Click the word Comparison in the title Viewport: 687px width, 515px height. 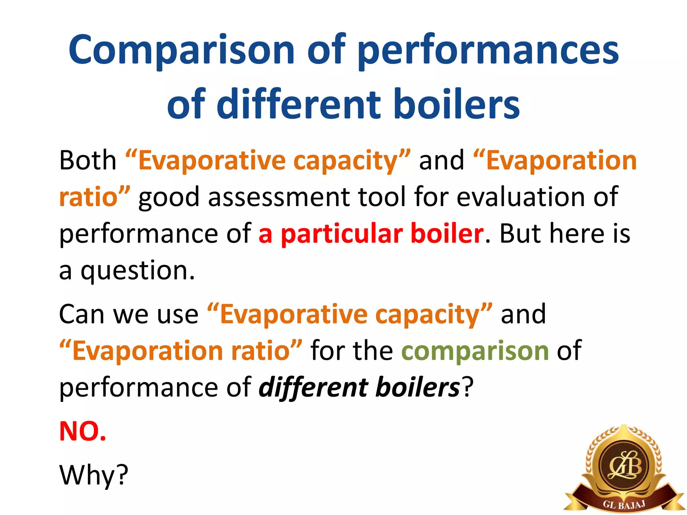point(181,50)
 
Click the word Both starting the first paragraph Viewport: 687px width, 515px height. point(88,160)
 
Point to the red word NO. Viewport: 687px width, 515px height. point(83,431)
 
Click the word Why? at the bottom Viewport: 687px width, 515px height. point(94,475)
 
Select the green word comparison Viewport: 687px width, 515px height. point(475,351)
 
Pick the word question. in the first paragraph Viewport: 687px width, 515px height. point(138,270)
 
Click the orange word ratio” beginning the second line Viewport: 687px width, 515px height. point(95,197)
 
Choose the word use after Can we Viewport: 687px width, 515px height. point(178,314)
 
